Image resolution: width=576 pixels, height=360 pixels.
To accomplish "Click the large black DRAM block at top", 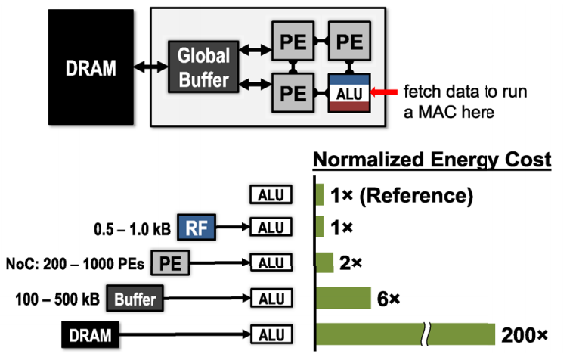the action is click(x=91, y=67).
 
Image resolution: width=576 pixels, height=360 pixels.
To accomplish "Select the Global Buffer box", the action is click(x=203, y=67).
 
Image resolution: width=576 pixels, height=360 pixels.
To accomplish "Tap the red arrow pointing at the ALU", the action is click(x=384, y=92).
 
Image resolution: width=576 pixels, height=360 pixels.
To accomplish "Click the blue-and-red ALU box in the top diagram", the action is click(x=349, y=93).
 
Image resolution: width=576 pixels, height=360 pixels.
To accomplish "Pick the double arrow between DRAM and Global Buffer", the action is click(x=150, y=67).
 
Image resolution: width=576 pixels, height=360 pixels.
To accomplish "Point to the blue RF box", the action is click(x=197, y=227).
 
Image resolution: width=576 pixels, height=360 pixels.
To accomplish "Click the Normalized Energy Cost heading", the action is click(x=432, y=160).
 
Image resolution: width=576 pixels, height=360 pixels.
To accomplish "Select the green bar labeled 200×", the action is click(x=406, y=334).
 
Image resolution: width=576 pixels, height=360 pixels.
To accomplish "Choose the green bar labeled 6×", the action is click(x=343, y=298).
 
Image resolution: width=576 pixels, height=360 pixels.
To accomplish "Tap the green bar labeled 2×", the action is click(x=325, y=262).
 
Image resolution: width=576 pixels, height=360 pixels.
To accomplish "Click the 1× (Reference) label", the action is click(x=401, y=195).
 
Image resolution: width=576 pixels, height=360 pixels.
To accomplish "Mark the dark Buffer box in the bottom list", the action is click(x=135, y=299).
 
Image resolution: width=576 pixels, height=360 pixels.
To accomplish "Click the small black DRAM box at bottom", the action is click(x=90, y=334).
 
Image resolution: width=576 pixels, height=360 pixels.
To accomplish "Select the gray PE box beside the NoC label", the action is click(x=170, y=263).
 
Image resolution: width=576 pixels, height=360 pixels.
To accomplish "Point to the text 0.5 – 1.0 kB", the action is click(x=132, y=229).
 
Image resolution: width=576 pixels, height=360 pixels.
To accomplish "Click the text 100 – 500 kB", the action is click(x=57, y=299).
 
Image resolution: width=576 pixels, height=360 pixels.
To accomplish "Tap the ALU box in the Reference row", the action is click(x=271, y=194).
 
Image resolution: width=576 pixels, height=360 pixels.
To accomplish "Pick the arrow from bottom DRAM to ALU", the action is click(x=184, y=334).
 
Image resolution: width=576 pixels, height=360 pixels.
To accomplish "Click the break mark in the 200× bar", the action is click(x=426, y=334).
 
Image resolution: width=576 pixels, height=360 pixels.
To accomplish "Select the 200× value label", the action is click(x=524, y=335).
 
